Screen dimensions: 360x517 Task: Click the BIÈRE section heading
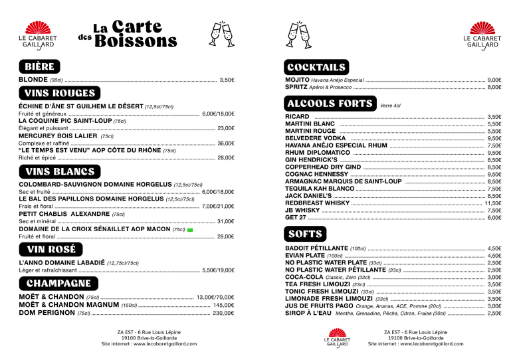[41, 66]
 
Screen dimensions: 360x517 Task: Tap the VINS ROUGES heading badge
[60, 93]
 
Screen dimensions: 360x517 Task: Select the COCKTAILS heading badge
[316, 67]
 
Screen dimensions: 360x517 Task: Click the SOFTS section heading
[305, 234]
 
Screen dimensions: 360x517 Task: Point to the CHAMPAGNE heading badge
[59, 283]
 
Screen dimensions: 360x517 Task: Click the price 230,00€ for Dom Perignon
[223, 313]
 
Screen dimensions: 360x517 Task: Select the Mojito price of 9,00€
[494, 80]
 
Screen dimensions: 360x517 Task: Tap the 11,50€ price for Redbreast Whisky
[493, 203]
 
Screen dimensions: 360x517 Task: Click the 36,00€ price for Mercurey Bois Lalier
[226, 143]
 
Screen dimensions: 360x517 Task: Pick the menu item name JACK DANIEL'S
[308, 196]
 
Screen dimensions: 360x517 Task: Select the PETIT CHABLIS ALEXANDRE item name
[63, 215]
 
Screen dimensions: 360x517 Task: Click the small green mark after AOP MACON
[190, 230]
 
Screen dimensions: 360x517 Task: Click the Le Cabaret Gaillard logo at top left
[37, 34]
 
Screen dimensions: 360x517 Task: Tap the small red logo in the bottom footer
[337, 337]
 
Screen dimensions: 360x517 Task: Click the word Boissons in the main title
[136, 41]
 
